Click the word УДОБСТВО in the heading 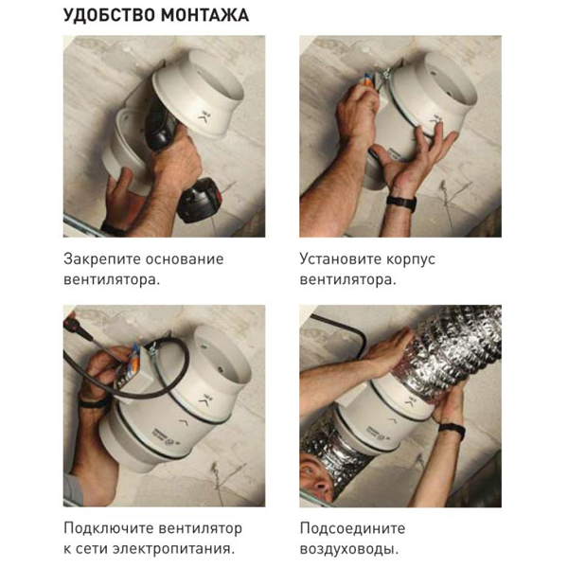tap(109, 15)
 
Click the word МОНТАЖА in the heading tap(205, 15)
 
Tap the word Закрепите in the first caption tap(101, 259)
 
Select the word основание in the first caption tap(185, 259)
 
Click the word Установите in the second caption tap(340, 259)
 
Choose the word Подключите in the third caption tap(108, 528)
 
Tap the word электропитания tap(172, 549)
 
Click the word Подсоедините tap(352, 528)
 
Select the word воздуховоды tap(349, 549)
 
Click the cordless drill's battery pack tap(200, 201)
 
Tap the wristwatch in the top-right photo tap(401, 203)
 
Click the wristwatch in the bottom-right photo tap(453, 430)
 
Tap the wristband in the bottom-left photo tap(95, 402)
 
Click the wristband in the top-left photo tap(113, 229)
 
